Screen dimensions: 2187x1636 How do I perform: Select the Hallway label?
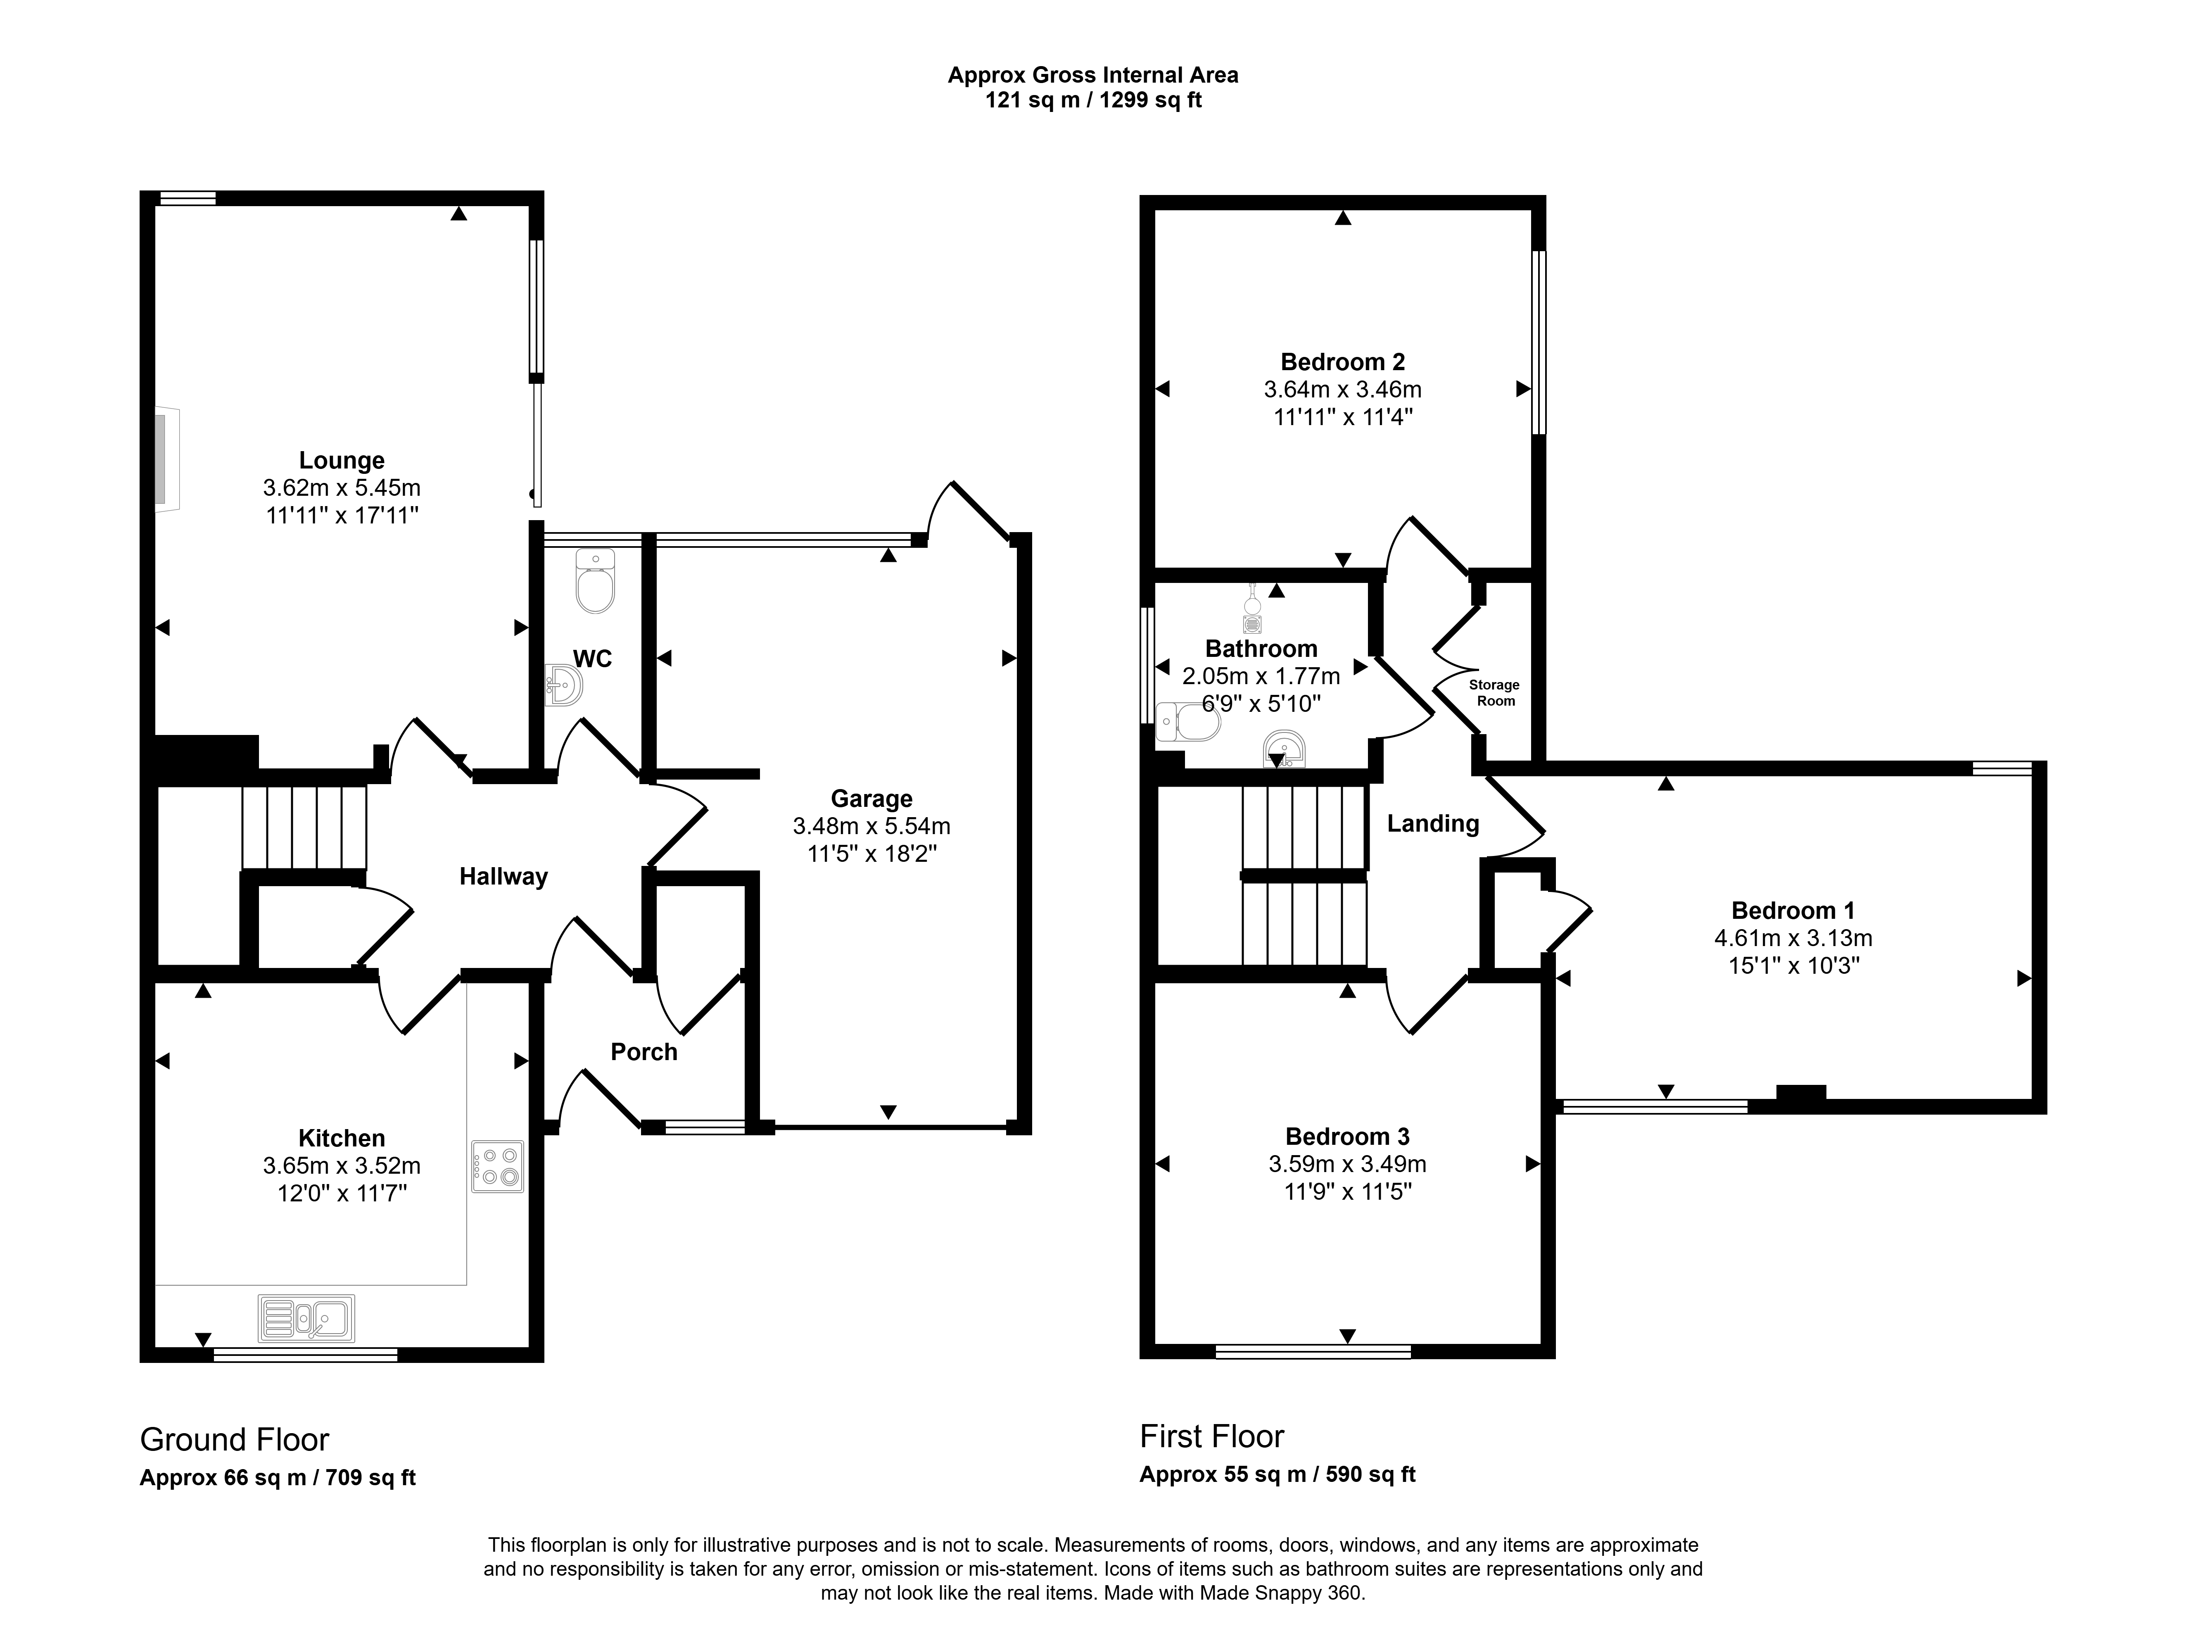(x=503, y=876)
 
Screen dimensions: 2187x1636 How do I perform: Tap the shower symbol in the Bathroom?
(x=1253, y=608)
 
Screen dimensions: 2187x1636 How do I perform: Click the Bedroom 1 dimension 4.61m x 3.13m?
(x=1793, y=938)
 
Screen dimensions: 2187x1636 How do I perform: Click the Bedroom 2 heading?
(x=1343, y=362)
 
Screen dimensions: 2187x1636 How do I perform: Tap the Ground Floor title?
(x=234, y=1439)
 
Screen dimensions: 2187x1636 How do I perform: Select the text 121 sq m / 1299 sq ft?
(x=1094, y=100)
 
